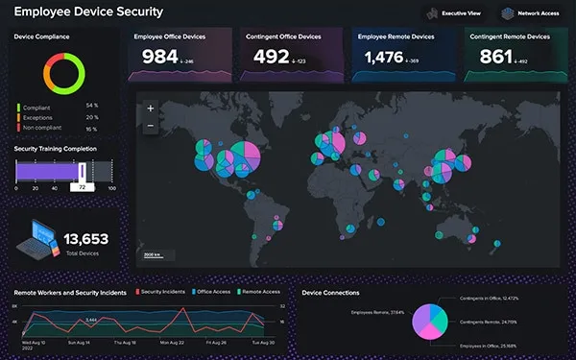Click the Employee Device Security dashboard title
(87, 12)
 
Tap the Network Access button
(529, 13)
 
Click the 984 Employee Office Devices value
(160, 58)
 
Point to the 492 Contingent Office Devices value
(272, 58)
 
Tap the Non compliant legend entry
(45, 127)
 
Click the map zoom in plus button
(150, 109)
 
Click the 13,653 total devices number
(85, 238)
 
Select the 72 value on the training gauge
(84, 187)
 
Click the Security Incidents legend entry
(161, 292)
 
